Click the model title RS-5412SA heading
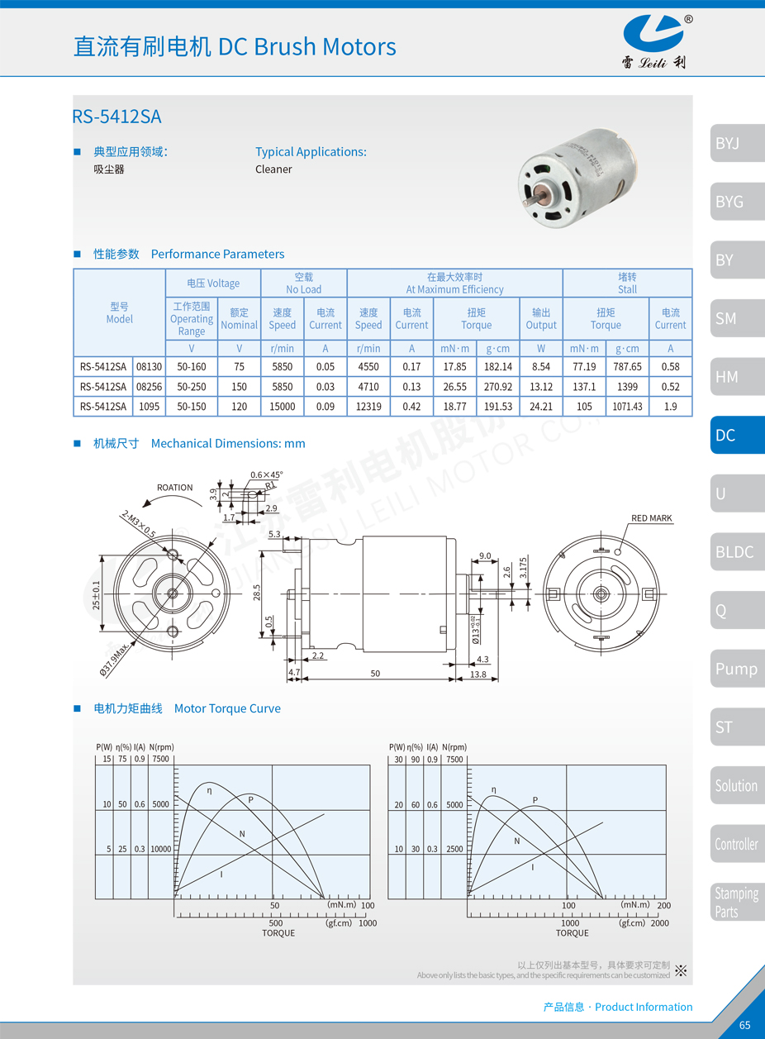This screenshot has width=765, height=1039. point(116,117)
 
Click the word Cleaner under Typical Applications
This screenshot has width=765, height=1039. point(273,169)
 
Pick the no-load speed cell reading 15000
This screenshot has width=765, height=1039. point(282,406)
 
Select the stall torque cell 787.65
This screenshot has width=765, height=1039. point(627,366)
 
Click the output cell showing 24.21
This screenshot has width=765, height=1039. point(540,406)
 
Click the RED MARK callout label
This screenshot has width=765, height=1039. point(651,518)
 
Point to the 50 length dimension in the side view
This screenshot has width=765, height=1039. point(376,674)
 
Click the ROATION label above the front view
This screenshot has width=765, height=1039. point(174,488)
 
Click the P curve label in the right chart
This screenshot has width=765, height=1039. point(535,799)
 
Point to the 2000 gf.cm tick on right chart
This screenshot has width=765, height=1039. point(659,922)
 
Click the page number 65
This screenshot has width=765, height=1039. point(744,1025)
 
